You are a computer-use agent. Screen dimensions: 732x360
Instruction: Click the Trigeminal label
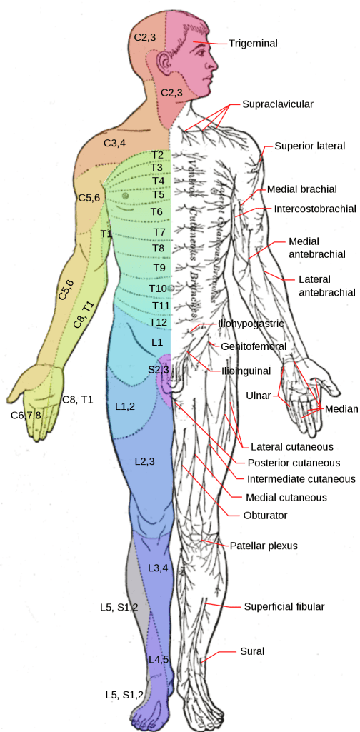coord(253,43)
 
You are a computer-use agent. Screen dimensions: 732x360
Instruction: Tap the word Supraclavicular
coord(278,104)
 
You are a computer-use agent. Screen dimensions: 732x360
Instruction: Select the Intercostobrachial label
coord(315,209)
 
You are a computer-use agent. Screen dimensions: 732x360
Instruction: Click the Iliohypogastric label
coord(251,324)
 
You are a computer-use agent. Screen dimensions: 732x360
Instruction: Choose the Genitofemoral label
coord(254,346)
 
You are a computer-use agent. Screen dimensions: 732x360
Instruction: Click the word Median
coord(341,410)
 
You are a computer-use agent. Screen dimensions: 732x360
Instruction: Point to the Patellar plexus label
coord(264,546)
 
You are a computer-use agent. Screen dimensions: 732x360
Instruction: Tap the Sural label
coord(253,651)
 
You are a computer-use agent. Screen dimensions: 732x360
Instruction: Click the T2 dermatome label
coord(157,155)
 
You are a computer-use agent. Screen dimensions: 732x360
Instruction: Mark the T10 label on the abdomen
coord(158,288)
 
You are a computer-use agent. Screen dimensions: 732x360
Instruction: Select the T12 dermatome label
coord(160,322)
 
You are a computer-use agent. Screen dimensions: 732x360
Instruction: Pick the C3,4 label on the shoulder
coord(114,143)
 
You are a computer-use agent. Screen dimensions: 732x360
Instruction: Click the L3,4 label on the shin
coord(158,568)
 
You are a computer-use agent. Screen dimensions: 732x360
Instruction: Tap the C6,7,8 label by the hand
coord(26,415)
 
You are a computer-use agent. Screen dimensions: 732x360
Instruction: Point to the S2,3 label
coord(159,369)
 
